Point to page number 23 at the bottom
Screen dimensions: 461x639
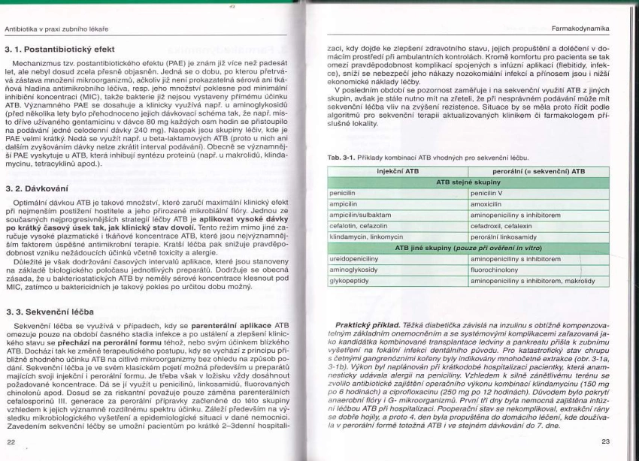(x=606, y=442)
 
